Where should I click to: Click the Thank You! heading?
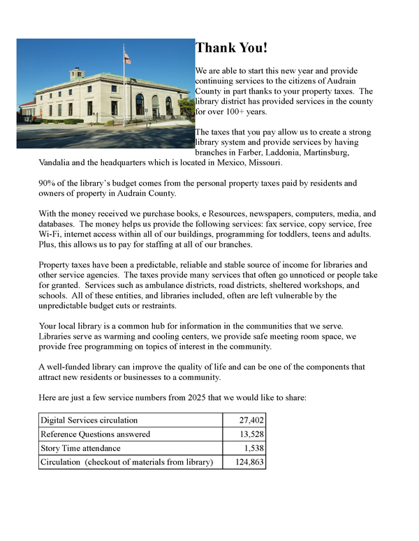230,48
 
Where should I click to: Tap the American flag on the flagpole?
127,59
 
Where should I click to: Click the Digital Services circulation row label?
89,420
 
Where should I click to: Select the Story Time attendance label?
80,448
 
